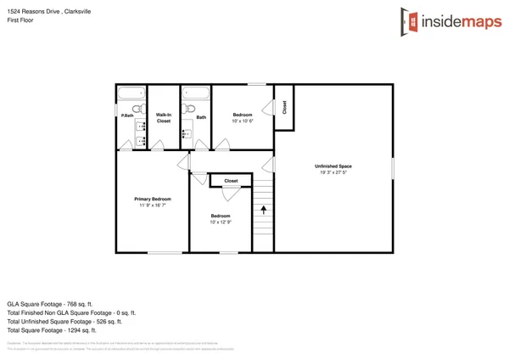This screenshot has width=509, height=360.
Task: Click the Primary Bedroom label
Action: [x=153, y=198]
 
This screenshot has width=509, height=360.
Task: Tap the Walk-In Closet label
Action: [x=164, y=117]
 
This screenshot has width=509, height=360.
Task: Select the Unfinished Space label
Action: [x=333, y=166]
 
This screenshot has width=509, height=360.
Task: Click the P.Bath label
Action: [x=126, y=115]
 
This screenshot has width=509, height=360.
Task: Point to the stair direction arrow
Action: [x=264, y=208]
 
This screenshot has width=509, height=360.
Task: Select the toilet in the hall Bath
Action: [x=190, y=108]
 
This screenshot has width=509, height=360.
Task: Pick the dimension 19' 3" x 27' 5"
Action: [x=333, y=172]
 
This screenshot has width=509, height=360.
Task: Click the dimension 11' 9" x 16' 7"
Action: [x=153, y=205]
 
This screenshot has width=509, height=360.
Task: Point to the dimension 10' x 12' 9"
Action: [x=221, y=222]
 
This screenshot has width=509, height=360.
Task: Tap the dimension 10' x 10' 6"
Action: [x=243, y=121]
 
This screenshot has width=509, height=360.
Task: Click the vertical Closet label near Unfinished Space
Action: [x=284, y=107]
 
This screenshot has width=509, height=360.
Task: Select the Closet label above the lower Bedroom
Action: [x=231, y=181]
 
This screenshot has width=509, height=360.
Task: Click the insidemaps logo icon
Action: [x=409, y=22]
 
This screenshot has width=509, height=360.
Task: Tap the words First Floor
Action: [x=21, y=20]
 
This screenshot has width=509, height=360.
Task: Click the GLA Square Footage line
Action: [x=49, y=303]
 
